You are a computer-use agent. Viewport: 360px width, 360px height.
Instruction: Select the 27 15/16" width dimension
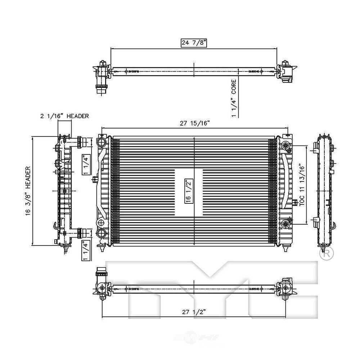point(195,123)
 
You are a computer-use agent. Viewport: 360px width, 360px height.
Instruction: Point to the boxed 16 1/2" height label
point(188,192)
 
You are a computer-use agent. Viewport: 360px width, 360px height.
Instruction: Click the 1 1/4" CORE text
point(234,98)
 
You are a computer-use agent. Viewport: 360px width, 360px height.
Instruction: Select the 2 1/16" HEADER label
point(64,116)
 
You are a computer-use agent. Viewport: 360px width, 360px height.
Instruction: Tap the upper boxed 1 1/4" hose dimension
point(85,164)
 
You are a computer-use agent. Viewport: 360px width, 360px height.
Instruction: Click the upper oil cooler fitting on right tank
point(285,146)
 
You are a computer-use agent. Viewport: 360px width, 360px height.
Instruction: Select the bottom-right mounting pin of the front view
point(285,249)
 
